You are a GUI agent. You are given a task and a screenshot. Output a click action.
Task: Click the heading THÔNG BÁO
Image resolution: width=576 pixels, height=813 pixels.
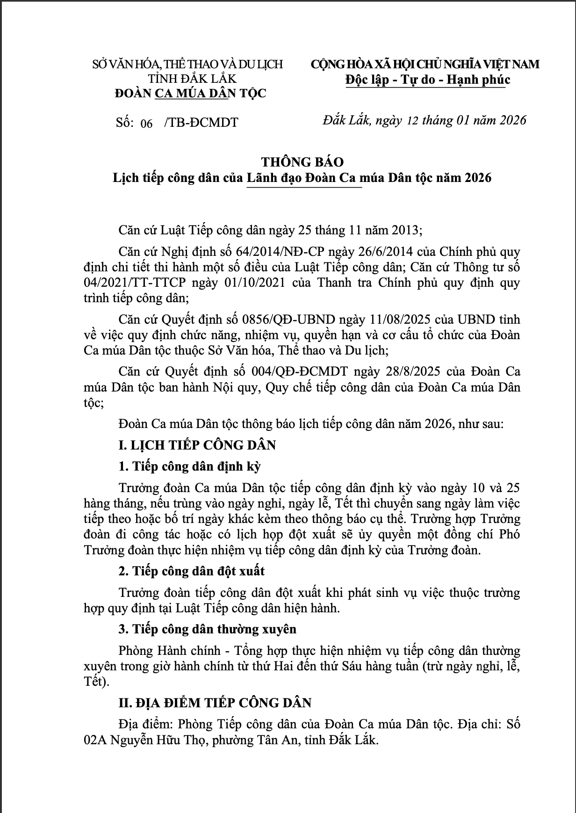[302, 162]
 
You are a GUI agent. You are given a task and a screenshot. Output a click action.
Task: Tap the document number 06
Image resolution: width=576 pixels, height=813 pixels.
[146, 123]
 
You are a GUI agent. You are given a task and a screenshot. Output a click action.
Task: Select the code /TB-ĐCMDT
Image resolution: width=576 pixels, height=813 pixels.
[201, 123]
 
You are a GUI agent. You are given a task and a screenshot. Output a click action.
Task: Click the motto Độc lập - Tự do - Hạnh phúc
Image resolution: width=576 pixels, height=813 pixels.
[427, 80]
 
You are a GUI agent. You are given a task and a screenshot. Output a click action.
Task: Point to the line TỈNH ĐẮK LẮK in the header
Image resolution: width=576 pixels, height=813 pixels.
[192, 78]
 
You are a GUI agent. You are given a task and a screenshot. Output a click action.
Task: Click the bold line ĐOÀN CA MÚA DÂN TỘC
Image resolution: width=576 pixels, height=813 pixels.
[190, 93]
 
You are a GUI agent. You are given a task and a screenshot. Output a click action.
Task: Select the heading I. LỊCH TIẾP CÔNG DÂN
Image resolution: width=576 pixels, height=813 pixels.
[197, 445]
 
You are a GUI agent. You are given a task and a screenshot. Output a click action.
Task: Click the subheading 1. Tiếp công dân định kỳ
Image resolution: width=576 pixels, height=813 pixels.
[189, 466]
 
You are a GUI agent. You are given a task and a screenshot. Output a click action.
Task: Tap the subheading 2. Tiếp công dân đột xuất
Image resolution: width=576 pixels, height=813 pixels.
[191, 571]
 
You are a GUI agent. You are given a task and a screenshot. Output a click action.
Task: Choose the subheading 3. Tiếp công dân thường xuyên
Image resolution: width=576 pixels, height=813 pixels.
[207, 629]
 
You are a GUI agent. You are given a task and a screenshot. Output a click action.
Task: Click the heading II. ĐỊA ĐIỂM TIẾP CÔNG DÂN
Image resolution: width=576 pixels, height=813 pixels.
[215, 703]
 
